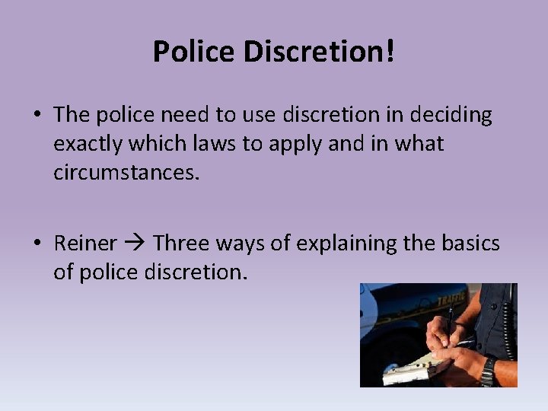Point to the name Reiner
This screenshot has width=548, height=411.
tap(85, 244)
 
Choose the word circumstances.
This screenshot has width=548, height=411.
tap(126, 172)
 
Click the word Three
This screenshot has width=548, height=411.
tap(183, 244)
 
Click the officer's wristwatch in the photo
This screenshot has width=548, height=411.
tap(488, 370)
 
